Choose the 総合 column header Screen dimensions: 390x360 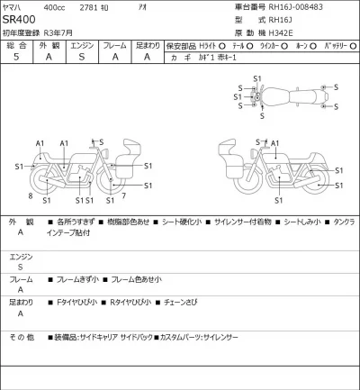tap(16, 43)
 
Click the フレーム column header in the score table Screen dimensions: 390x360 tap(115, 43)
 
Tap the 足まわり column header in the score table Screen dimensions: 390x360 tap(148, 43)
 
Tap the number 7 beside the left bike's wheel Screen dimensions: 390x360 tap(123, 195)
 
